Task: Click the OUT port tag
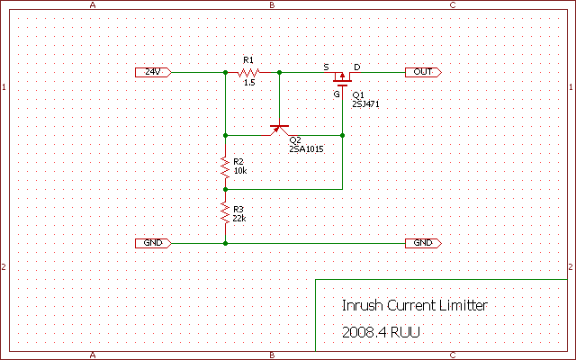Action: click(423, 71)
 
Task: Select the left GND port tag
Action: click(152, 243)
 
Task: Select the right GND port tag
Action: click(423, 243)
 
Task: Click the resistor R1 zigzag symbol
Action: click(249, 71)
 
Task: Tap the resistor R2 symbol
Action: click(225, 166)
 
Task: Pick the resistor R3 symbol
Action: click(225, 212)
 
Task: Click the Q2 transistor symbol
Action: click(279, 130)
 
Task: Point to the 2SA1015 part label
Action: click(306, 148)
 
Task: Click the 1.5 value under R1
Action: click(249, 82)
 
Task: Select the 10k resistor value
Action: click(239, 170)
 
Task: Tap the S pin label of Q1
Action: click(326, 66)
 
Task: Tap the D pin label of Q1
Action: click(356, 66)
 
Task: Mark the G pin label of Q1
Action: click(337, 93)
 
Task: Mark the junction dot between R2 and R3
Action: click(225, 189)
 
